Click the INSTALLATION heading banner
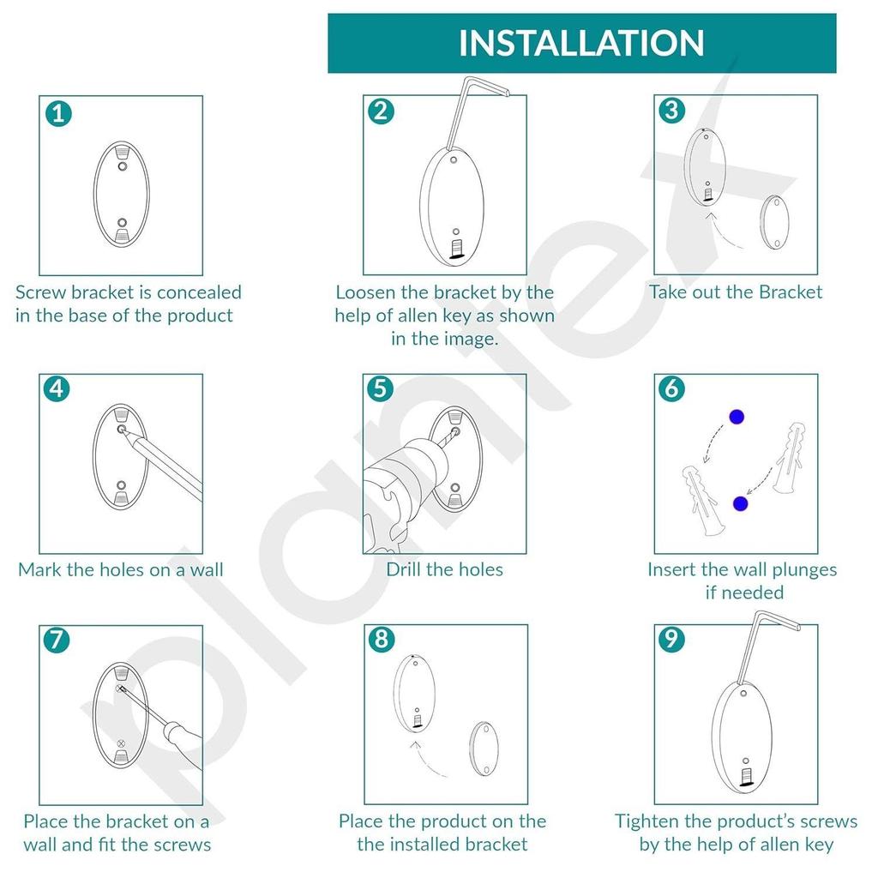[581, 43]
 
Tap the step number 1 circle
[57, 112]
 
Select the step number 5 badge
[381, 389]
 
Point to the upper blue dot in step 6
[736, 418]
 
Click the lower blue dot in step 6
[740, 503]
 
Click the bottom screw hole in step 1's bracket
[121, 221]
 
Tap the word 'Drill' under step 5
[407, 569]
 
